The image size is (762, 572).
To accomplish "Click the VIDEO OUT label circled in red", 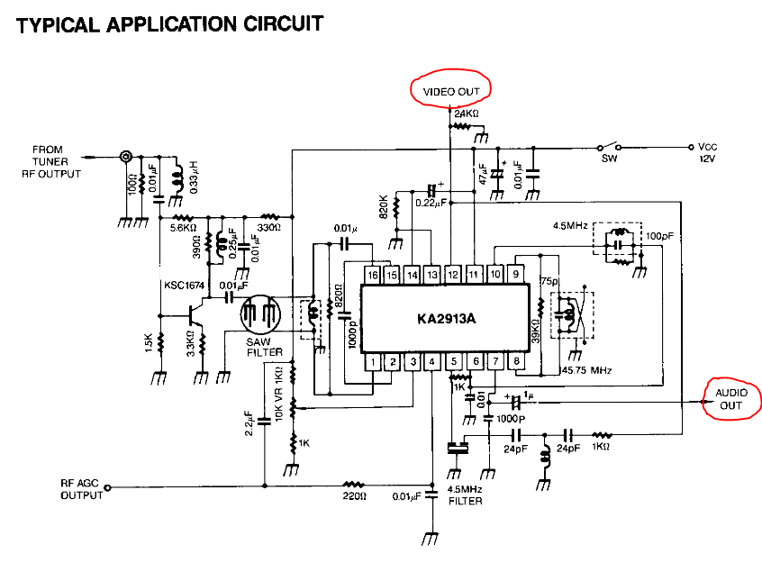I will pyautogui.click(x=450, y=90).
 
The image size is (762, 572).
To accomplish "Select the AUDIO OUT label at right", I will pyautogui.click(x=730, y=400).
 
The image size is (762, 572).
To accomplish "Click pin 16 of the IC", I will pyautogui.click(x=372, y=274).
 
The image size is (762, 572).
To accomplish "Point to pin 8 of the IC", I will pyautogui.click(x=517, y=362).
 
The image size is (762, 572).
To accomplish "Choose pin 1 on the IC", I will pyautogui.click(x=372, y=362).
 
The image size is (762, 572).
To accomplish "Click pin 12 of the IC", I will pyautogui.click(x=454, y=274).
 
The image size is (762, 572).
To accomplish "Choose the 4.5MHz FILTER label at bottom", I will pyautogui.click(x=465, y=495).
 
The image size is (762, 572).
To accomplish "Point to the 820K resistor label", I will pyautogui.click(x=382, y=208).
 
